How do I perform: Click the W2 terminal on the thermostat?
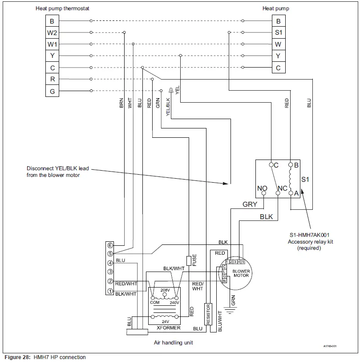[52, 32]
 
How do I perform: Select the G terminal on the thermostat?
[52, 91]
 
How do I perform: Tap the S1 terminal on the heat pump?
[279, 32]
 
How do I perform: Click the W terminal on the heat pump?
[279, 44]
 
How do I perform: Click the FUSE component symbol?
[189, 260]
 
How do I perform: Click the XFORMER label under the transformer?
[169, 328]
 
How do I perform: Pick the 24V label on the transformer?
[165, 321]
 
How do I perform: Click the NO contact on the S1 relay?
[263, 193]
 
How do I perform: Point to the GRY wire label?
[250, 204]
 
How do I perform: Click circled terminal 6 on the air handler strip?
[109, 245]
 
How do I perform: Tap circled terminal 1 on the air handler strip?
[109, 292]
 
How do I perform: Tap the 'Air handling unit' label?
[173, 343]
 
